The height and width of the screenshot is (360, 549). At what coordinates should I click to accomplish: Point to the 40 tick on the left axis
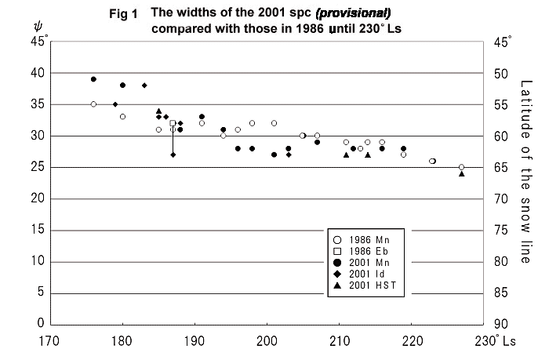point(37,73)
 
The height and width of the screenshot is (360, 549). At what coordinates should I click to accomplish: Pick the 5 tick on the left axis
point(40,293)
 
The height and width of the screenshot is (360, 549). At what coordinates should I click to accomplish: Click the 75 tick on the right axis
point(503,230)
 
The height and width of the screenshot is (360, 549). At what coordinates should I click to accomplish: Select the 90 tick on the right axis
point(503,324)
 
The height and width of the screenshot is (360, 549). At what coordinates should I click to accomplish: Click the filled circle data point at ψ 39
point(93,79)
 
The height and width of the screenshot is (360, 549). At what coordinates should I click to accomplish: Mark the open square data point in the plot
point(173,123)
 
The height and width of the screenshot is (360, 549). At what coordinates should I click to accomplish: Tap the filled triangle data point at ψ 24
point(461,173)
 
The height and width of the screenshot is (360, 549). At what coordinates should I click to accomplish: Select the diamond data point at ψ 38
point(144,85)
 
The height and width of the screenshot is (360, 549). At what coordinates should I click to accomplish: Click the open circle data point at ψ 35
point(93,104)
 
